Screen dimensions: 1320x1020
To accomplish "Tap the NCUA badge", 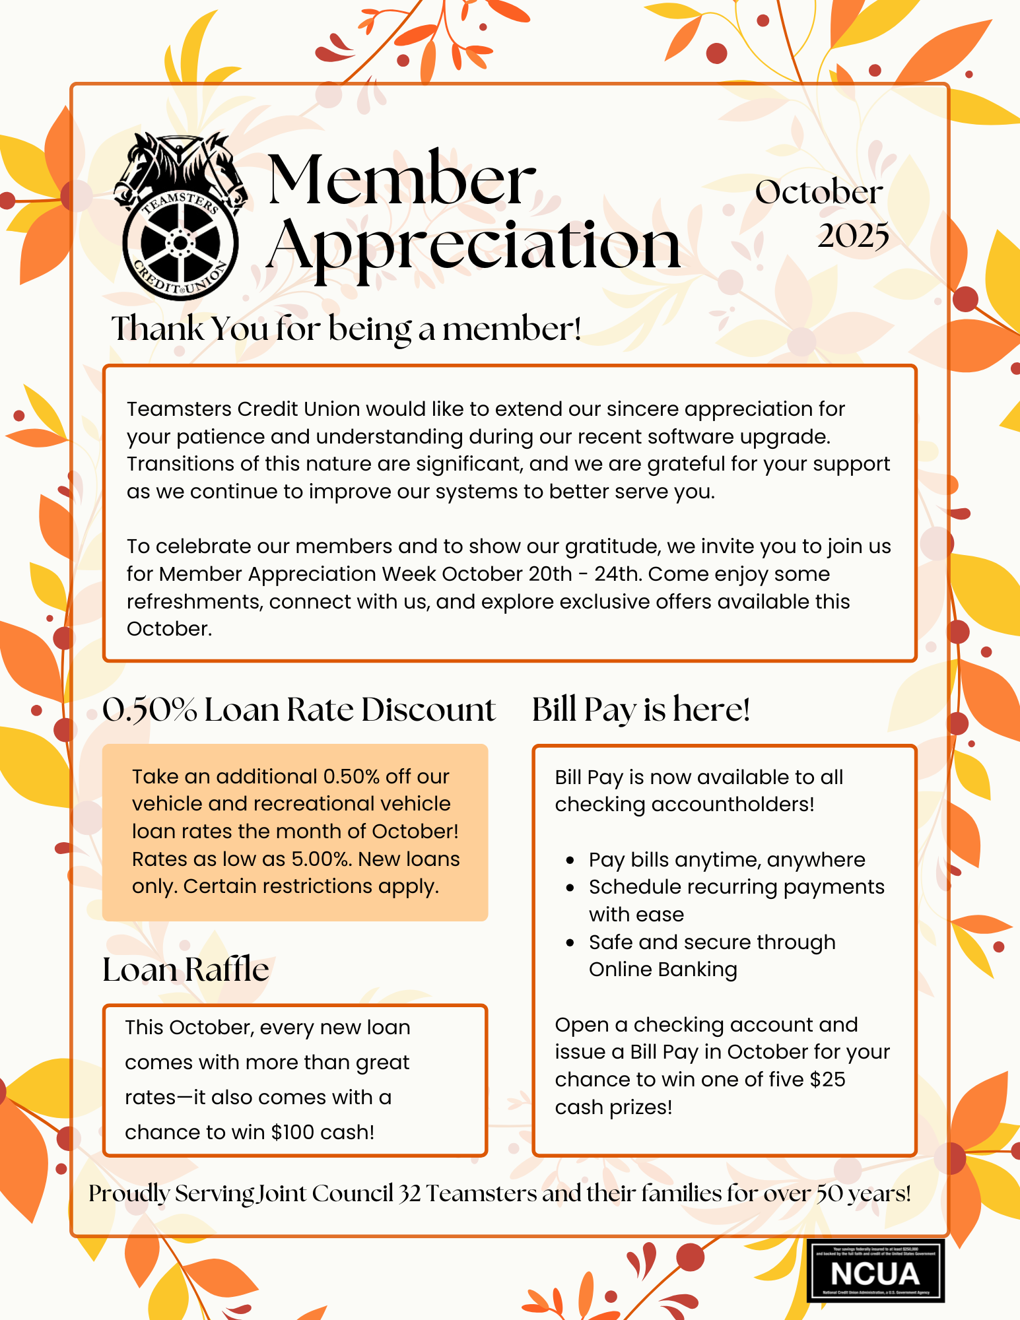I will pos(875,1270).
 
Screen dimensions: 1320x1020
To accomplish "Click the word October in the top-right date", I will pos(819,193).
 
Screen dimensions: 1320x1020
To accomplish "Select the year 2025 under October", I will pos(853,236).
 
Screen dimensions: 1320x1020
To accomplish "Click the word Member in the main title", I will pos(401,179).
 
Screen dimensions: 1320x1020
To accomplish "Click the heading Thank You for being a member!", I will pos(346,328).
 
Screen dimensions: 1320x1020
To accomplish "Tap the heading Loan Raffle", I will pos(186,970).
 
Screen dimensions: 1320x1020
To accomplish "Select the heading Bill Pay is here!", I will pos(640,709).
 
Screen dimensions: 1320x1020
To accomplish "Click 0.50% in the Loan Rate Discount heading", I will pos(149,710).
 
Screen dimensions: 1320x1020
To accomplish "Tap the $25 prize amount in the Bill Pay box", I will pos(827,1079).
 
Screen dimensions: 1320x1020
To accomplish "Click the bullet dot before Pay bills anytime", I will pos(570,861).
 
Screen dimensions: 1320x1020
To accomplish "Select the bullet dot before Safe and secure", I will pos(570,943).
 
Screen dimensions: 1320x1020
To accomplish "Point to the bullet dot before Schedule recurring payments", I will pos(570,888).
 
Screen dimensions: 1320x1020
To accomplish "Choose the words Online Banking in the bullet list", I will pos(662,970).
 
